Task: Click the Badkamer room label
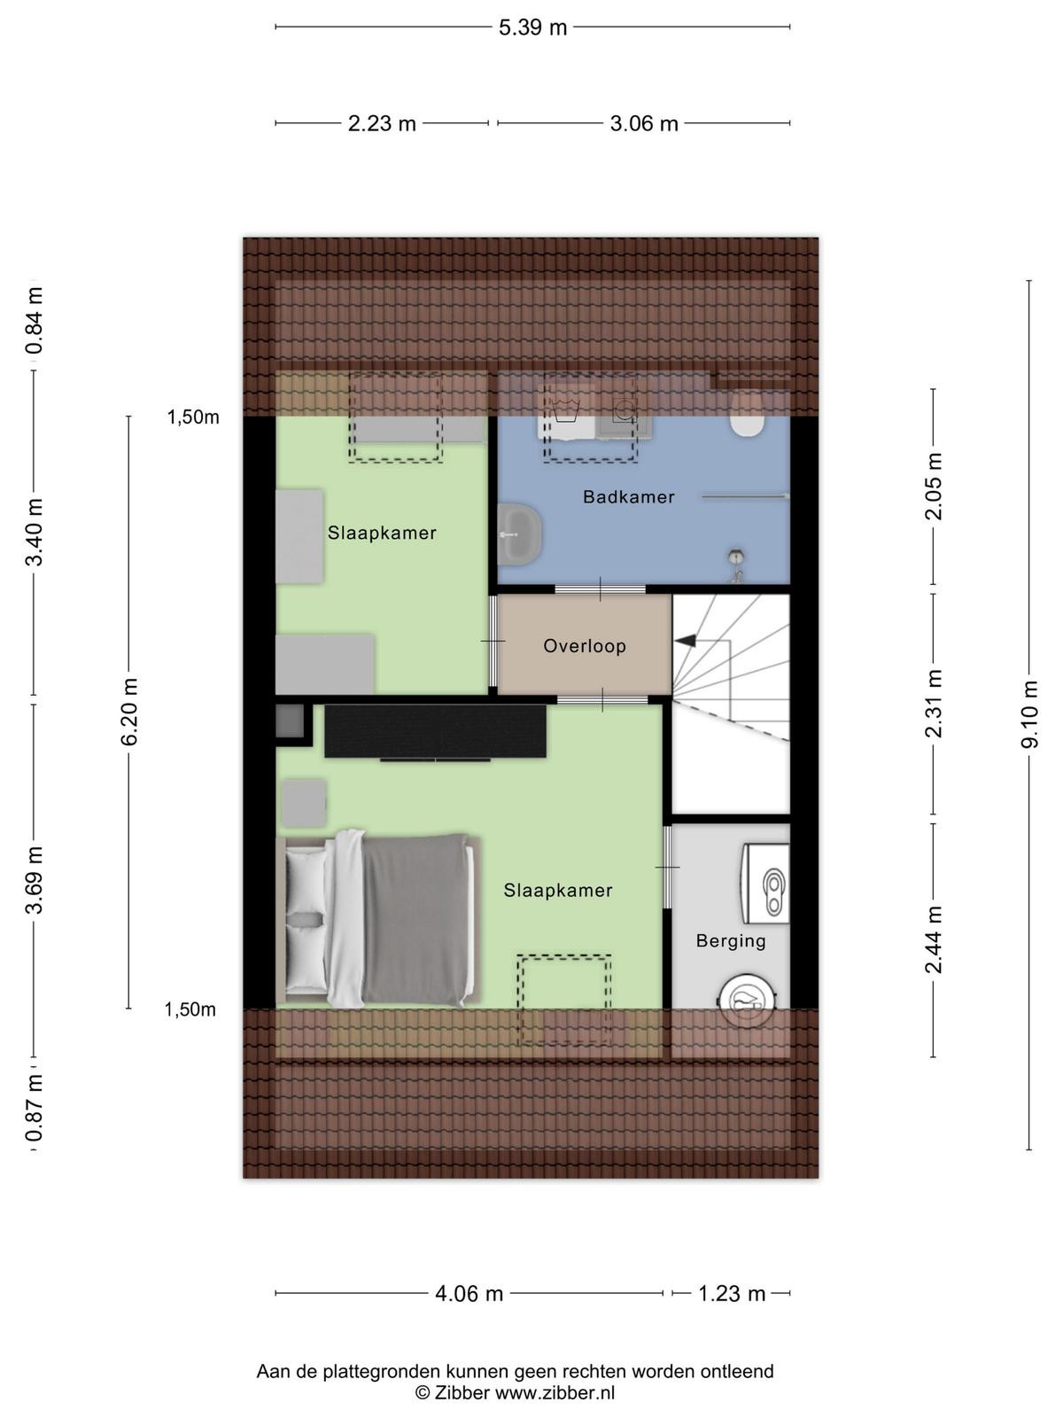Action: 628,497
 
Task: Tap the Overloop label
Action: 584,646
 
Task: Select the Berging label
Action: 731,940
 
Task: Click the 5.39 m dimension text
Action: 532,27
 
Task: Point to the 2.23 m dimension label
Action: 382,123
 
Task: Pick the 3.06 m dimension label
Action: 643,123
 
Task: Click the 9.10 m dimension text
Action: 1029,713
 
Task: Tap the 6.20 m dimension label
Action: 129,712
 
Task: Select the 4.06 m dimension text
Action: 469,1293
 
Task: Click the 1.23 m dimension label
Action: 732,1293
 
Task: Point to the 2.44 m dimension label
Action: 934,939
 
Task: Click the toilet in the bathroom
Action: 748,416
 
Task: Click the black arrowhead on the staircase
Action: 685,640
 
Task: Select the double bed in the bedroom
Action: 379,919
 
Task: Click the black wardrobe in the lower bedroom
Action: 435,731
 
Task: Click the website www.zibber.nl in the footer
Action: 555,1393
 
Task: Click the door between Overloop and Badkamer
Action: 601,588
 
